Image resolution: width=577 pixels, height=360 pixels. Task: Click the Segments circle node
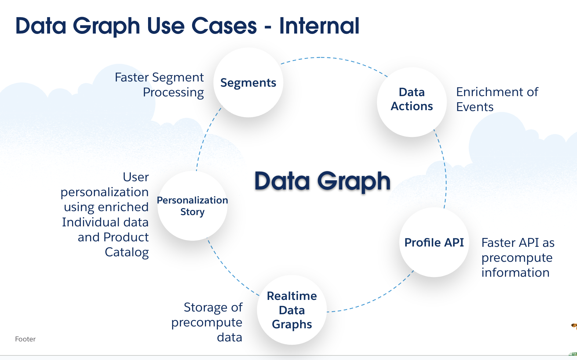pyautogui.click(x=248, y=82)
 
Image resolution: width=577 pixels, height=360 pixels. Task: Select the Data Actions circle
pyautogui.click(x=412, y=102)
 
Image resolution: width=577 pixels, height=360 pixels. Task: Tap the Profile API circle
pyautogui.click(x=434, y=243)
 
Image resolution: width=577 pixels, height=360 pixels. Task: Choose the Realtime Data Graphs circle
pyautogui.click(x=292, y=310)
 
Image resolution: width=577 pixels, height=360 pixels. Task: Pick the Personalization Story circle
pyautogui.click(x=192, y=206)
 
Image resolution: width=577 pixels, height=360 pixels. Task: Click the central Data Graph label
pyautogui.click(x=322, y=181)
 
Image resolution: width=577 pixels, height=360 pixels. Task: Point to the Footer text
pyautogui.click(x=25, y=339)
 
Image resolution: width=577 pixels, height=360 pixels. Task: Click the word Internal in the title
pyautogui.click(x=319, y=26)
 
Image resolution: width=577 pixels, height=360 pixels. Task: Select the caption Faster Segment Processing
pyautogui.click(x=159, y=85)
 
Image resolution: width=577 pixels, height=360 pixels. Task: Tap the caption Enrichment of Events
pyautogui.click(x=497, y=99)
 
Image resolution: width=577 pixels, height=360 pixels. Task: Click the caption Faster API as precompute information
pyautogui.click(x=517, y=257)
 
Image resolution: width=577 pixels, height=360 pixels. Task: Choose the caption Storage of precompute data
pyautogui.click(x=207, y=322)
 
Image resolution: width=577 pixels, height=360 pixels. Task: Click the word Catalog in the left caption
pyautogui.click(x=127, y=252)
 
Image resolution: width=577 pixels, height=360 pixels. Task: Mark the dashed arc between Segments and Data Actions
pyautogui.click(x=333, y=58)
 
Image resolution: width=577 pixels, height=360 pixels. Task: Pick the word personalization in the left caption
pyautogui.click(x=104, y=192)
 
